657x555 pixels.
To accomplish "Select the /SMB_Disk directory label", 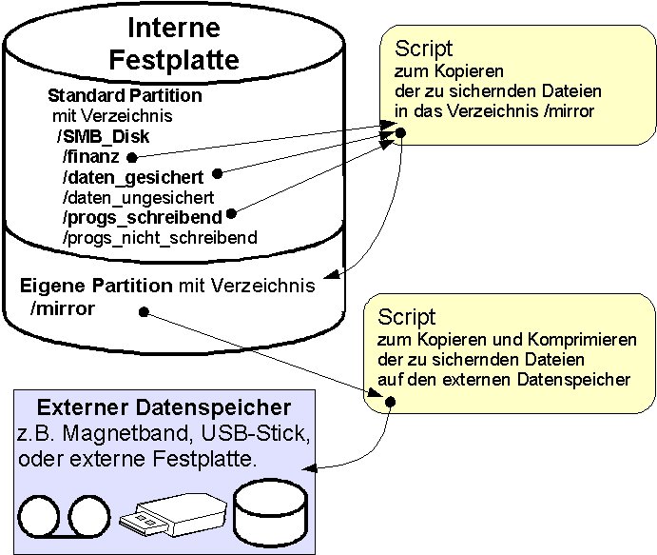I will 103,136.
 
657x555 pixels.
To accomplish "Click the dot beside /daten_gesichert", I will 218,173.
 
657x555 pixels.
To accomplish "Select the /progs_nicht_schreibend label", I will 159,237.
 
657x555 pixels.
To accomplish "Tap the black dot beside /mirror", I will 142,311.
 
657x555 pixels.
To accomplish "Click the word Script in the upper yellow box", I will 423,50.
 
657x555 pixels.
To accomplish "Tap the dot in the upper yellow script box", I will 401,132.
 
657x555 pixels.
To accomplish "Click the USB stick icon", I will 172,515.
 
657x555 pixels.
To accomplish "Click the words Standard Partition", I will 125,96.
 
